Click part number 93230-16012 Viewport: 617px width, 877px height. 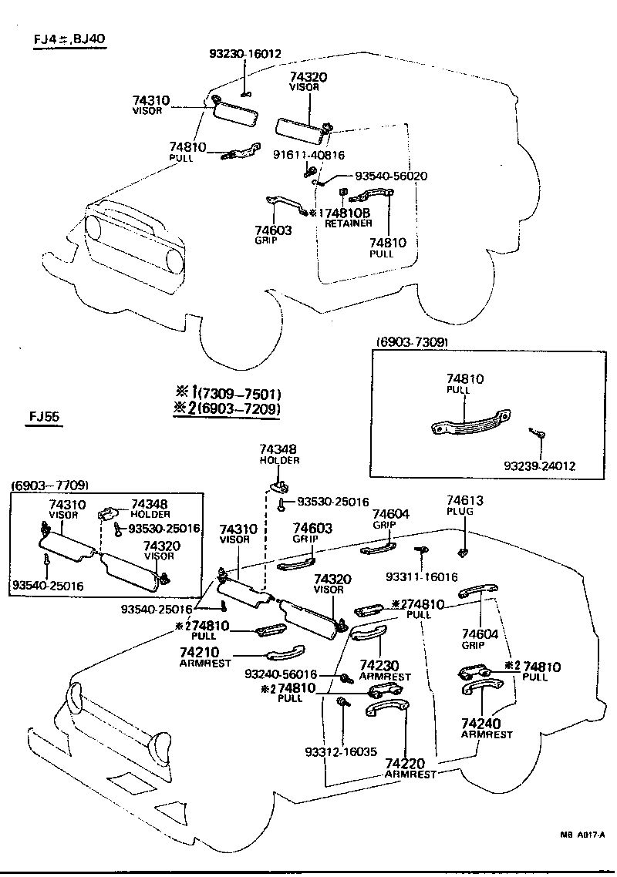[x=245, y=54]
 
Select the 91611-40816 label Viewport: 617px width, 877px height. [x=308, y=155]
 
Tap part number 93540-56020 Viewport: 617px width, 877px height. [x=391, y=176]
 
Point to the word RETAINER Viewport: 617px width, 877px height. [x=348, y=223]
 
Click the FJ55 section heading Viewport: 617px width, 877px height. [x=46, y=418]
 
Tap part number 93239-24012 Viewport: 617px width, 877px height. [x=540, y=467]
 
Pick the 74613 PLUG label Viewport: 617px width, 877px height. [x=465, y=506]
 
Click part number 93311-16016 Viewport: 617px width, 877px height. [x=423, y=576]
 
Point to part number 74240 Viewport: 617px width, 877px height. [x=480, y=724]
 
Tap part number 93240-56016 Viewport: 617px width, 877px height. [x=281, y=674]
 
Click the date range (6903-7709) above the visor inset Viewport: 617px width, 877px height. [x=49, y=485]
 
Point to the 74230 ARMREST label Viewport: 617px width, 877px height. [x=385, y=670]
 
